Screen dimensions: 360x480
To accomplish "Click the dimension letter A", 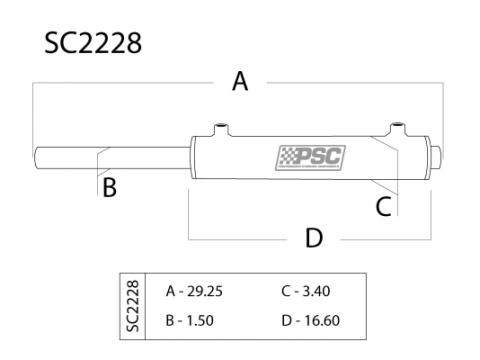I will (240, 82).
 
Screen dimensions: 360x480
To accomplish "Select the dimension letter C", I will (383, 206).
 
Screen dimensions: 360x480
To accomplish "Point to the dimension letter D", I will (314, 238).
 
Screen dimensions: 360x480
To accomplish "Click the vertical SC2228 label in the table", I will (132, 306).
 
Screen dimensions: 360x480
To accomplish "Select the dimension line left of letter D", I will (240, 239).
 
